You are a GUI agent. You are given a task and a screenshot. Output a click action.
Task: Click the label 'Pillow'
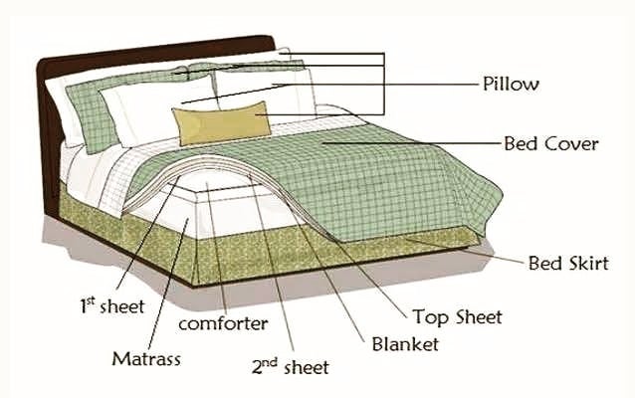point(511,85)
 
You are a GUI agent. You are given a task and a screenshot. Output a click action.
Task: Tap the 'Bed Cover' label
point(550,143)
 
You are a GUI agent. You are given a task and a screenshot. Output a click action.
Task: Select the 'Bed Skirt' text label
point(568,263)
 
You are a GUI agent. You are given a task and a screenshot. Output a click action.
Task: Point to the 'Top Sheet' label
point(457,316)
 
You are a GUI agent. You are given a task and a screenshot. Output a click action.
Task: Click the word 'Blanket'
point(405,344)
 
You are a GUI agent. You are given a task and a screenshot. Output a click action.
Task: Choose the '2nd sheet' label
point(290,367)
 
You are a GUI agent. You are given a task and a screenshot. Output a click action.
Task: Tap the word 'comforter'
point(223,323)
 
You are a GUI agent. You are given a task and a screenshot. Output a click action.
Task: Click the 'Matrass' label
point(146,359)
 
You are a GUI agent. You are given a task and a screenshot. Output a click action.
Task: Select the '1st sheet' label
point(112,305)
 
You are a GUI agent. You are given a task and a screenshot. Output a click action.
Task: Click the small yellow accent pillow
point(222,123)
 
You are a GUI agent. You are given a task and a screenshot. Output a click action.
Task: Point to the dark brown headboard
point(53,121)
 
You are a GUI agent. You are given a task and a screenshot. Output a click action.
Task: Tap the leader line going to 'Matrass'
point(168,285)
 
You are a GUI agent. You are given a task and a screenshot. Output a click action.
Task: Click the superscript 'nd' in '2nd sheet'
point(271,362)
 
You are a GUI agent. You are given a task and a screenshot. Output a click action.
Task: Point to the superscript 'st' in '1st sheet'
point(91,300)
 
